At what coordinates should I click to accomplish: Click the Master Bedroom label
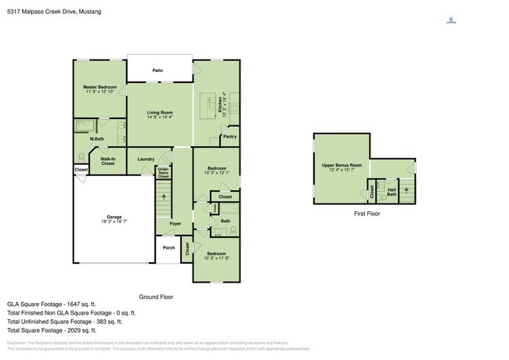(100, 86)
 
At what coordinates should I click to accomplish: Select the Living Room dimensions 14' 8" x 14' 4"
(160, 117)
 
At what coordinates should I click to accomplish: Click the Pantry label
(229, 137)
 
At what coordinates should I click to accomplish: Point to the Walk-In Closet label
(107, 161)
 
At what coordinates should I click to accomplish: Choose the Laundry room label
(146, 159)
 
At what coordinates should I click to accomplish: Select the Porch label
(168, 248)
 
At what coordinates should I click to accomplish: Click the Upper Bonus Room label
(342, 165)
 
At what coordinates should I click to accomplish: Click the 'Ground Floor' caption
(155, 297)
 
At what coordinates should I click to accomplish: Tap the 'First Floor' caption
(366, 213)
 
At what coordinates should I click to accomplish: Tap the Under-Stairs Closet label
(163, 172)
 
